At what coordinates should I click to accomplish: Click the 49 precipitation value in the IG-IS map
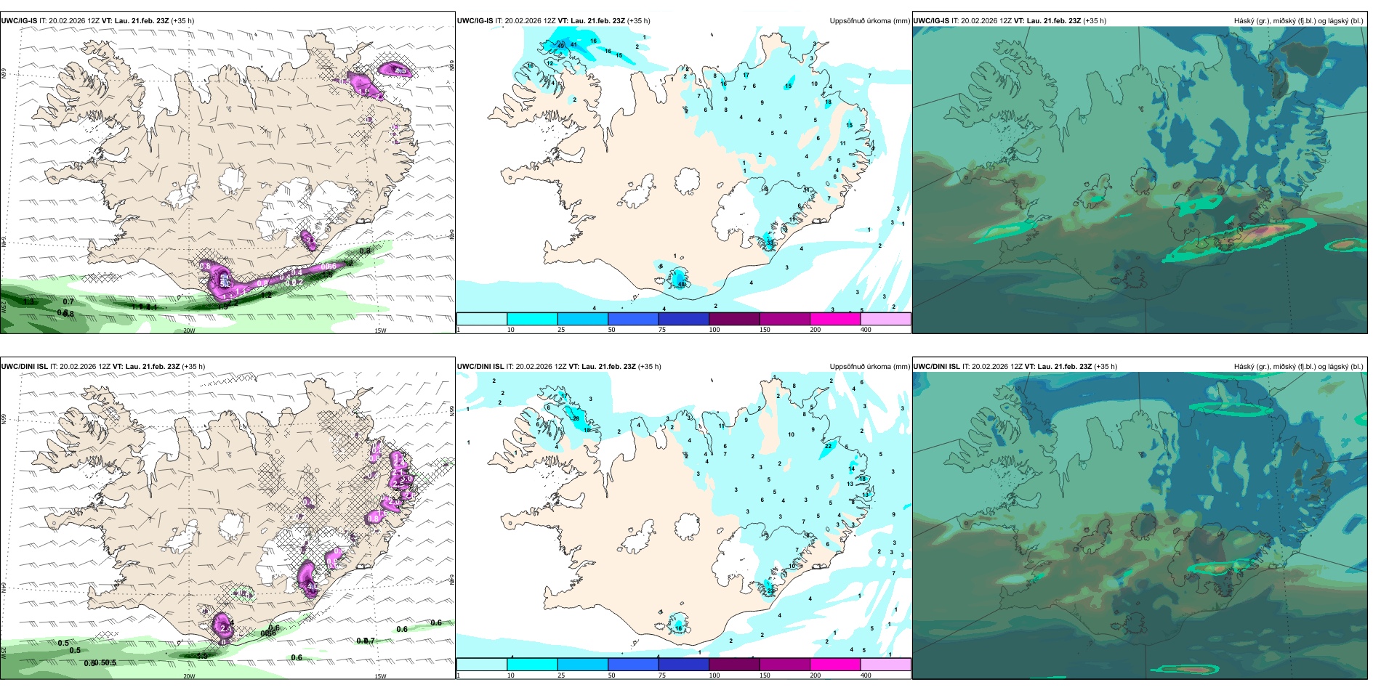[x=560, y=46]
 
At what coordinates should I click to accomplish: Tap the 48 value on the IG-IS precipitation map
[x=681, y=284]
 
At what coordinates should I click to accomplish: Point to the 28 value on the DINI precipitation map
[x=576, y=418]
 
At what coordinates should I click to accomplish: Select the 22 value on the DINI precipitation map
[x=828, y=446]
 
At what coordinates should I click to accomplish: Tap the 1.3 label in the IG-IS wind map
[x=29, y=301]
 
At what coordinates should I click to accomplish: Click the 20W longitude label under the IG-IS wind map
[x=189, y=330]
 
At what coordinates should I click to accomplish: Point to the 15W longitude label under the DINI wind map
[x=380, y=676]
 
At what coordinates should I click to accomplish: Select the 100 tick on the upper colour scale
[x=714, y=330]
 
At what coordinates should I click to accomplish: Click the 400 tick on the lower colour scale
[x=866, y=675]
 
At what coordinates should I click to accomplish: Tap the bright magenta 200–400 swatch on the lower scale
[x=835, y=665]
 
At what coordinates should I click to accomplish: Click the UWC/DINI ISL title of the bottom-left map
[x=24, y=367]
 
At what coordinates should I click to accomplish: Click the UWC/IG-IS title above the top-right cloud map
[x=931, y=21]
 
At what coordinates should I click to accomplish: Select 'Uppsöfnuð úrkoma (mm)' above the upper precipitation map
[x=869, y=21]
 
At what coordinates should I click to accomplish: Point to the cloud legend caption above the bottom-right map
[x=1298, y=367]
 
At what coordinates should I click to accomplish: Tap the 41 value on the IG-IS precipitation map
[x=573, y=44]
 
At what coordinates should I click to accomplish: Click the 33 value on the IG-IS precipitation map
[x=770, y=241]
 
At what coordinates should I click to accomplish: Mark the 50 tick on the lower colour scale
[x=611, y=675]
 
